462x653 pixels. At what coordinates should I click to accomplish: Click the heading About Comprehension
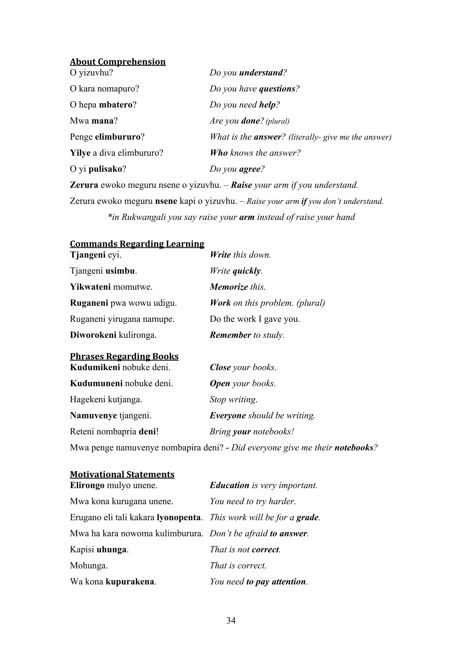[118, 62]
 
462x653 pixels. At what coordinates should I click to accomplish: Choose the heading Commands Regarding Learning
[137, 244]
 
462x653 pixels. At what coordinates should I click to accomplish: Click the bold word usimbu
[120, 271]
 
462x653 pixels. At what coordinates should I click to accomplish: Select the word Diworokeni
[93, 335]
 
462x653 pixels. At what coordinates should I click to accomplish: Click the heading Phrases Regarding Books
[124, 356]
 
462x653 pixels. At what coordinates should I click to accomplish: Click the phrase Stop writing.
[233, 400]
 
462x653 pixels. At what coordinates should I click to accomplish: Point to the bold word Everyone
[228, 416]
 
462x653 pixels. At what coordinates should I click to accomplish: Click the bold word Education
[229, 485]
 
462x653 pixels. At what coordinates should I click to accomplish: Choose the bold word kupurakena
[130, 582]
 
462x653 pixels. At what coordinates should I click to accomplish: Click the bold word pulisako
[105, 169]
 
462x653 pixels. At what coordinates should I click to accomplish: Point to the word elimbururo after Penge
[118, 137]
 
